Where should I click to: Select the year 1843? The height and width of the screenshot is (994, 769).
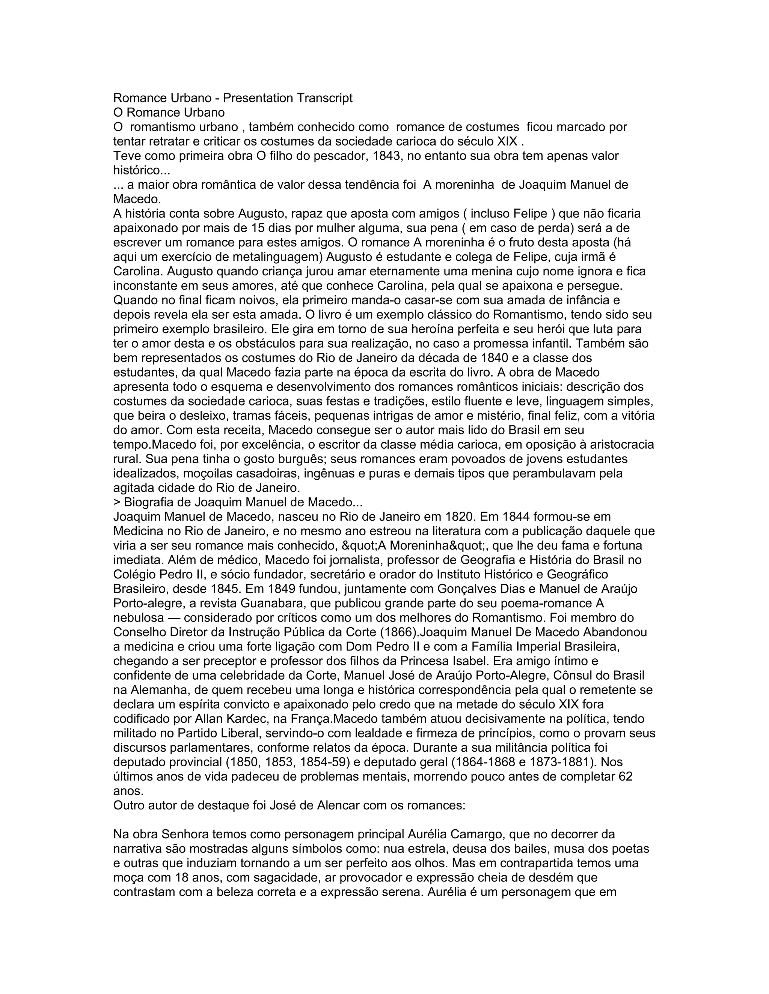click(386, 156)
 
